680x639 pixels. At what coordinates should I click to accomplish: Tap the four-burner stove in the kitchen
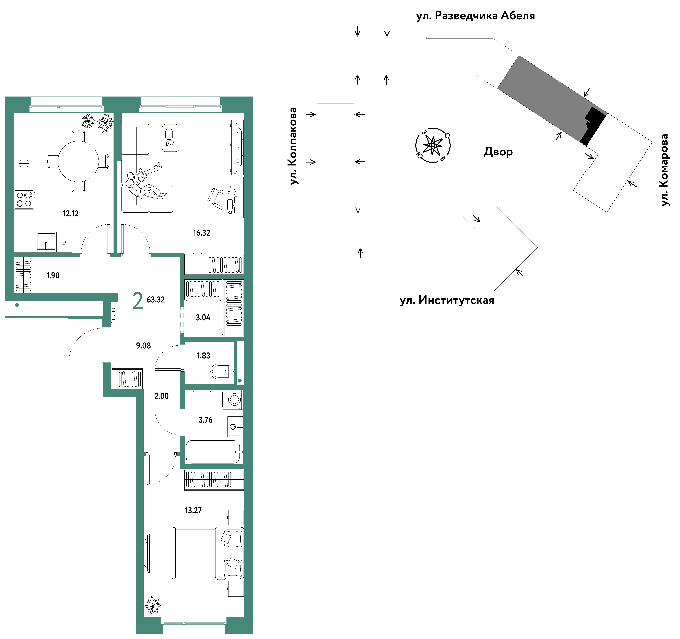[x=24, y=199]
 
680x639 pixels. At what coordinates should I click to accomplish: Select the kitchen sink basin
[x=46, y=242]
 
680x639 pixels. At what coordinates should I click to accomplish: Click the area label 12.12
[x=70, y=214]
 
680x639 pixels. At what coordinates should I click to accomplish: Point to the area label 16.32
[x=201, y=233]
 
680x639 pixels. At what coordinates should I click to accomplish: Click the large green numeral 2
[x=138, y=301]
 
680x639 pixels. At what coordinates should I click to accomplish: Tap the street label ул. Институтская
[x=447, y=300]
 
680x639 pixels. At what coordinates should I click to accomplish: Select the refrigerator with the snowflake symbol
[x=24, y=164]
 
